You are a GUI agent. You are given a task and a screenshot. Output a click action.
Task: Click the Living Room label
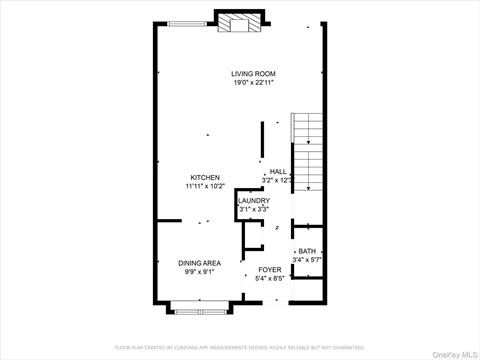pos(253,74)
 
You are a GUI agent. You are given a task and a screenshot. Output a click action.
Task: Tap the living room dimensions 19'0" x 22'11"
pos(253,83)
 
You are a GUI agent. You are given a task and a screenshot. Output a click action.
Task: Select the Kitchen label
pos(205,177)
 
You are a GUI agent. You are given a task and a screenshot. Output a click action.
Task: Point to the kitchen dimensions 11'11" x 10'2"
pos(205,186)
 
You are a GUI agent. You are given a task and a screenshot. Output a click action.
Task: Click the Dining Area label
pos(199,263)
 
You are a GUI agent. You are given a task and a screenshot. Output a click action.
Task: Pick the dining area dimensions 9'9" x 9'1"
pos(199,272)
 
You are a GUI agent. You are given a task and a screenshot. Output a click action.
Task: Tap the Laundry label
pos(253,201)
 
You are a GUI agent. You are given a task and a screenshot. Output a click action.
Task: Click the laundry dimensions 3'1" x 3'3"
pos(253,210)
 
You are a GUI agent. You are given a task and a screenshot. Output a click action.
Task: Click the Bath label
pos(306,251)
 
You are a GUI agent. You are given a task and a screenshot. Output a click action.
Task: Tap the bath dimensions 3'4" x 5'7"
pos(306,260)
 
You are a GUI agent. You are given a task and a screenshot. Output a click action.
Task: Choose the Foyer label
pos(270,270)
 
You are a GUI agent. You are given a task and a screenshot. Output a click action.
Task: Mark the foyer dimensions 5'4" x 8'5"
pos(270,279)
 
